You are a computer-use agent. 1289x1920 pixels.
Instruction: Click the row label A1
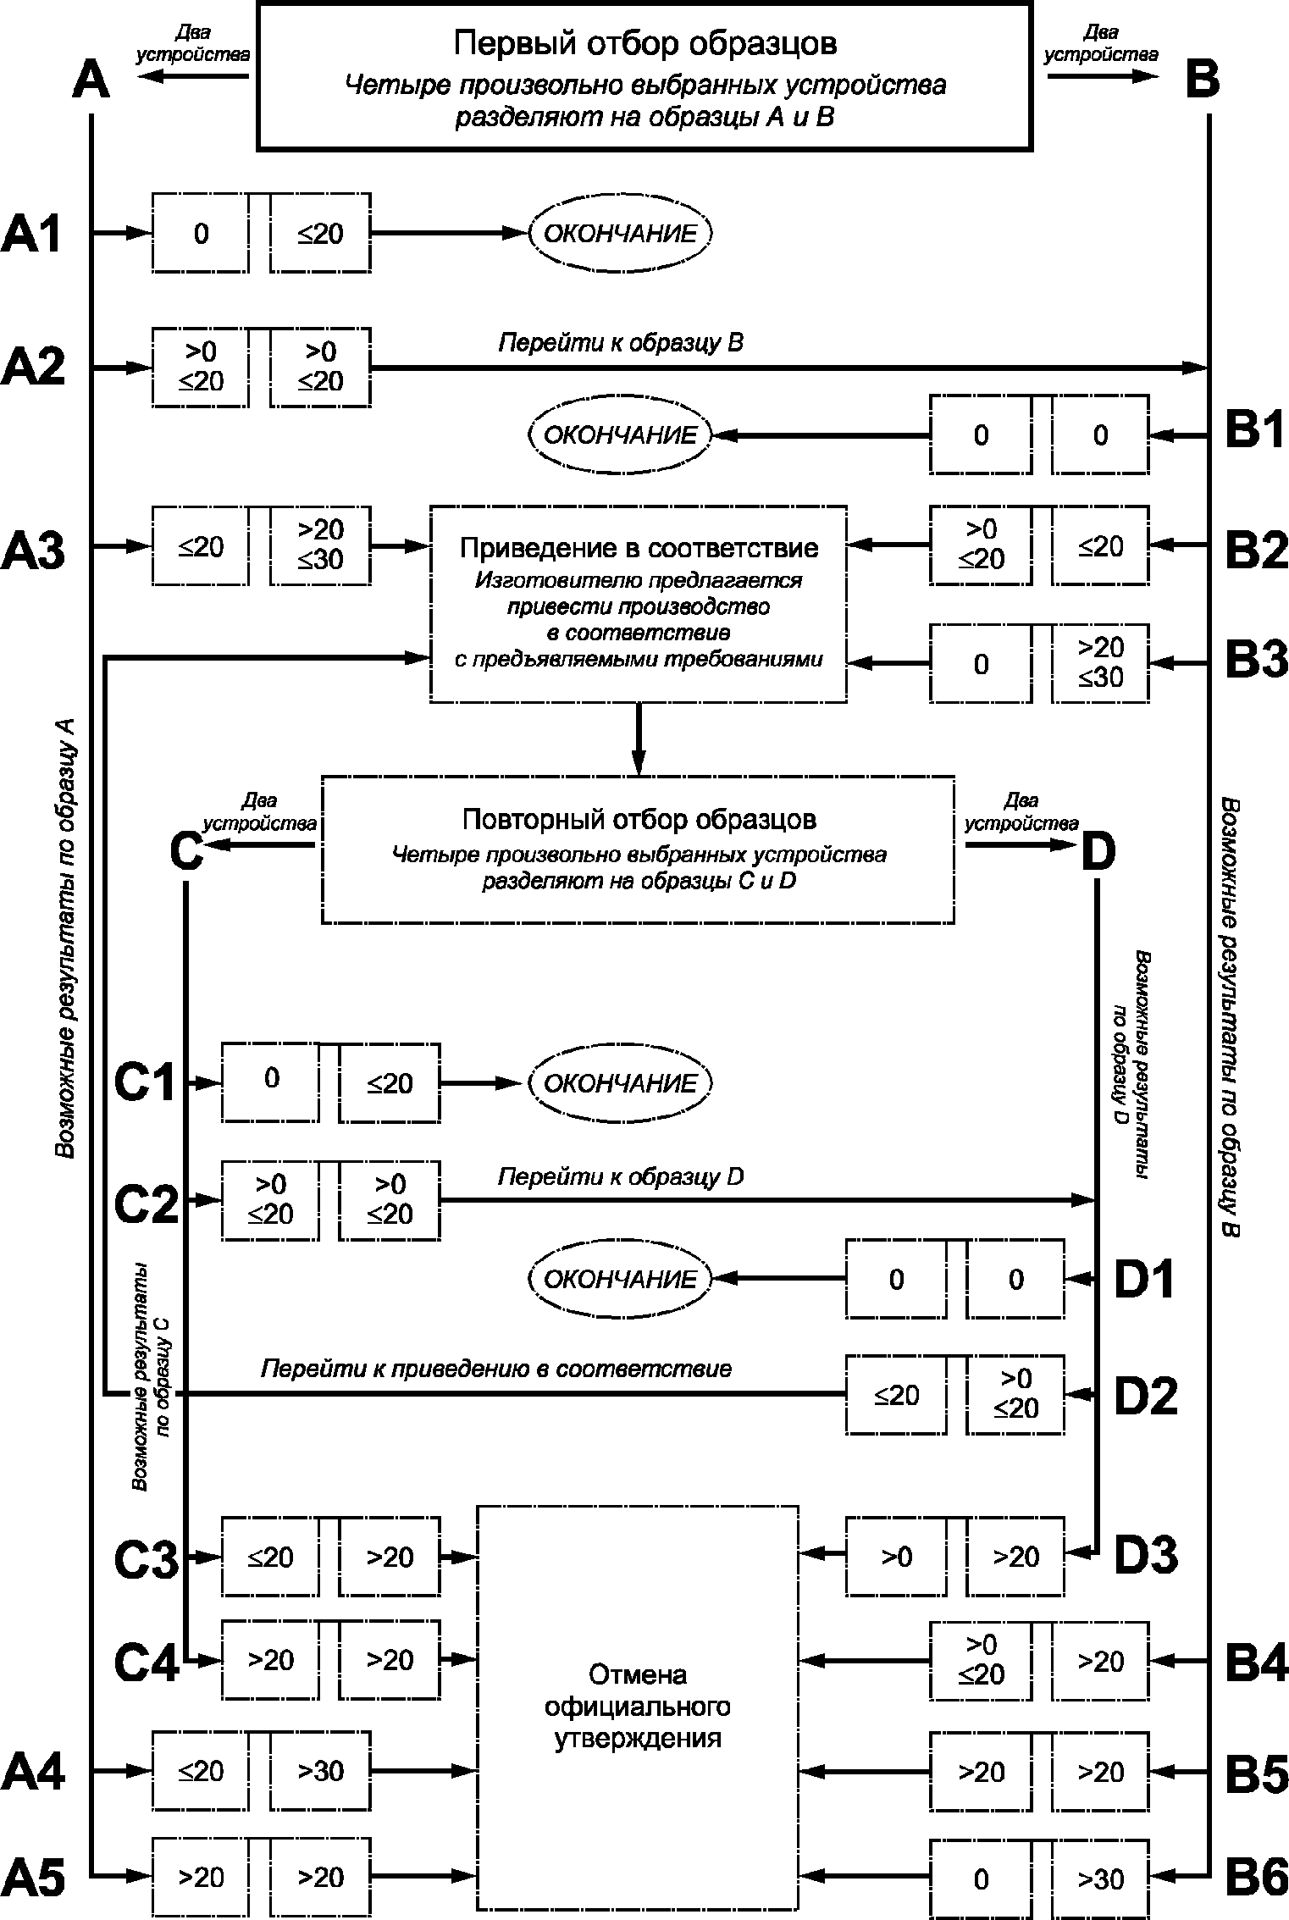click(x=31, y=233)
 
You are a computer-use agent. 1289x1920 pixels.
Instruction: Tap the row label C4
click(x=146, y=1663)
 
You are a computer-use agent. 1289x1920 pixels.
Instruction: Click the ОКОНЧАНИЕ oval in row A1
click(x=621, y=233)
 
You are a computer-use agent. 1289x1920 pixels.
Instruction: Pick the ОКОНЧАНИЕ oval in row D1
click(x=621, y=1278)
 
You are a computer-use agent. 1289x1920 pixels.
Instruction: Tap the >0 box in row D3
click(x=896, y=1556)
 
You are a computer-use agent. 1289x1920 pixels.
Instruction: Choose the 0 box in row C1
click(x=271, y=1082)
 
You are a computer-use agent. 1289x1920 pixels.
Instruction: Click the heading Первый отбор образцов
click(x=644, y=43)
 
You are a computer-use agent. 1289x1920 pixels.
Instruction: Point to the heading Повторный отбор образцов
click(x=639, y=819)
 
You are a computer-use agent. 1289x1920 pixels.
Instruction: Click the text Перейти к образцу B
click(x=621, y=342)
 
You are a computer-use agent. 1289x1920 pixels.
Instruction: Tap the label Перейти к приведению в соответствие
click(x=495, y=1369)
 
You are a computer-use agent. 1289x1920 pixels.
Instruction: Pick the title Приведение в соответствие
click(x=639, y=548)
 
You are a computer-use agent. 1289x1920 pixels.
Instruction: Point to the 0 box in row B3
click(x=981, y=663)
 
